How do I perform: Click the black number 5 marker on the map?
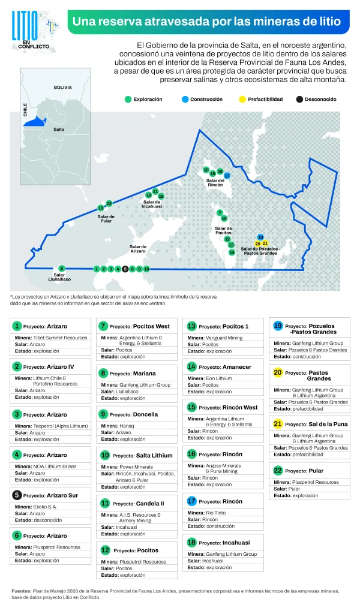pyautogui.click(x=125, y=269)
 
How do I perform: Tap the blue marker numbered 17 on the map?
pyautogui.click(x=227, y=176)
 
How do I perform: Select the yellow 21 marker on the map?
pyautogui.click(x=265, y=243)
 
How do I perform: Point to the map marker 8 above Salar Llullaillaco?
pyautogui.click(x=62, y=268)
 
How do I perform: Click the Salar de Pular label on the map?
pyautogui.click(x=106, y=219)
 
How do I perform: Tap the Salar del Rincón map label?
pyautogui.click(x=215, y=183)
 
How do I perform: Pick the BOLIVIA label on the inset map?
pyautogui.click(x=62, y=87)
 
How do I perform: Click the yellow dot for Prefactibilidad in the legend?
pyautogui.click(x=242, y=99)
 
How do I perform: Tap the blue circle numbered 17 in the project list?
pyautogui.click(x=191, y=501)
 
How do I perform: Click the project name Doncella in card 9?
pyautogui.click(x=146, y=414)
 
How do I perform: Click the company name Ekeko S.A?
pyautogui.click(x=45, y=507)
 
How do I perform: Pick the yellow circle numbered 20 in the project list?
pyautogui.click(x=278, y=372)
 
